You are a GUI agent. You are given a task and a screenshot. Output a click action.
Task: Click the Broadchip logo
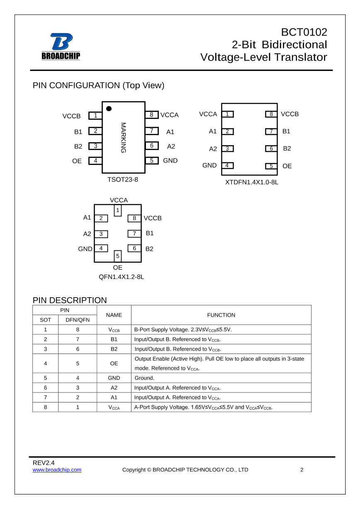[x=61, y=46]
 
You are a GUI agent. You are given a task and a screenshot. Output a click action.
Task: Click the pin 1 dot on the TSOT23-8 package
[x=109, y=109]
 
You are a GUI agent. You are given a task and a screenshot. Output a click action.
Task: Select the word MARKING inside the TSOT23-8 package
[x=123, y=138]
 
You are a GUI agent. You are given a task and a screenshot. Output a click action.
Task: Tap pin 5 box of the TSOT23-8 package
[x=151, y=160]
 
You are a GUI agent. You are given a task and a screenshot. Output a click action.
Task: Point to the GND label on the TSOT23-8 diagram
[x=170, y=160]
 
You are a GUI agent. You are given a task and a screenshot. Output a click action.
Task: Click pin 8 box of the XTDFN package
[x=271, y=114]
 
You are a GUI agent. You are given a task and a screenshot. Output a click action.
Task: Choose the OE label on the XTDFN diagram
[x=287, y=166]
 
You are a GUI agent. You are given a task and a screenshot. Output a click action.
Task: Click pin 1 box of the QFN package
[x=118, y=211]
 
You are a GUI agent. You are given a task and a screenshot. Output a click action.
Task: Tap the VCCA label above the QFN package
[x=119, y=200]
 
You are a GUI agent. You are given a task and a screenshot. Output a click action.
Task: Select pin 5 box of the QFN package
[x=118, y=256]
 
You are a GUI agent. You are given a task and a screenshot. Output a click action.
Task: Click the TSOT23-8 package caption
[x=123, y=179]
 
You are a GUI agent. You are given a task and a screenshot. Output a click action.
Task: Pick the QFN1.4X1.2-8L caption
[x=121, y=276]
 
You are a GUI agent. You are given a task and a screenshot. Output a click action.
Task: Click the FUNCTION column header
[x=221, y=315]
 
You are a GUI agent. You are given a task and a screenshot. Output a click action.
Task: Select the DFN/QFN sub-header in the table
[x=78, y=320]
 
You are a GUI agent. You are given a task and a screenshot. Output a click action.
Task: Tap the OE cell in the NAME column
[x=114, y=364]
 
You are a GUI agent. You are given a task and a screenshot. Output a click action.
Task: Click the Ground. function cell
[x=144, y=378]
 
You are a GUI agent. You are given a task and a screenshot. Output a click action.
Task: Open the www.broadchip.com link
[x=57, y=470]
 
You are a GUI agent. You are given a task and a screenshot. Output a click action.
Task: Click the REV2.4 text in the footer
[x=44, y=463]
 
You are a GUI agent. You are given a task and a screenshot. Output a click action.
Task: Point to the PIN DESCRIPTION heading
[x=70, y=300]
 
